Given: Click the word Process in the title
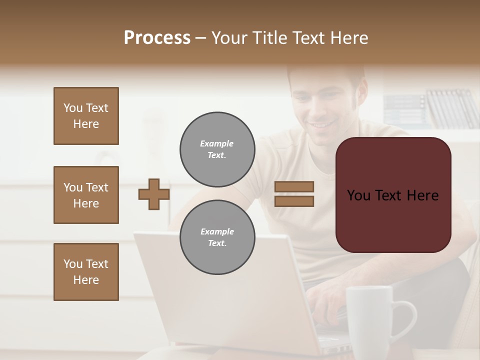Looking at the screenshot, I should click(x=157, y=38).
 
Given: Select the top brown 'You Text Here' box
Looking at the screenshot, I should click(x=86, y=116).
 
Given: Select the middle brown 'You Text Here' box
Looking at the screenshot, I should click(x=86, y=195).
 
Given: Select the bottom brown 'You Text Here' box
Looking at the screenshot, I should click(x=86, y=272).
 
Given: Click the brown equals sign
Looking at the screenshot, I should click(x=294, y=194).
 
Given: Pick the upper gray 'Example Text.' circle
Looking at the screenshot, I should click(x=217, y=149).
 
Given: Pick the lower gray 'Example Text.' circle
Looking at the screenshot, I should click(x=217, y=237).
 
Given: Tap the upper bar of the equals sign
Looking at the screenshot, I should click(x=294, y=187).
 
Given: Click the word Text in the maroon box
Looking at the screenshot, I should click(x=392, y=195).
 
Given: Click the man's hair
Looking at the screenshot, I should click(x=325, y=72).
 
